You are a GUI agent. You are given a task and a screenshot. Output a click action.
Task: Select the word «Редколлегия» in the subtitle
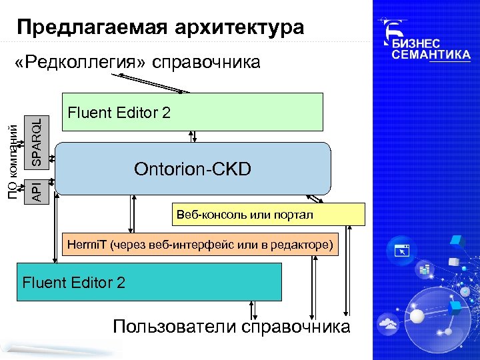tap(85, 63)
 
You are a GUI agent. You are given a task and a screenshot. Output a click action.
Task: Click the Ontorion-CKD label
tap(193, 169)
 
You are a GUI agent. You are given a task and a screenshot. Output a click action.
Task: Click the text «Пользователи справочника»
tap(231, 327)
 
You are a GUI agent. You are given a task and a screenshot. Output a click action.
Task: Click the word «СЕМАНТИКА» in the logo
tap(431, 55)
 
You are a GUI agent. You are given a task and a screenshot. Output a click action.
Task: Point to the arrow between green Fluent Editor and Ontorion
tap(192, 136)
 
